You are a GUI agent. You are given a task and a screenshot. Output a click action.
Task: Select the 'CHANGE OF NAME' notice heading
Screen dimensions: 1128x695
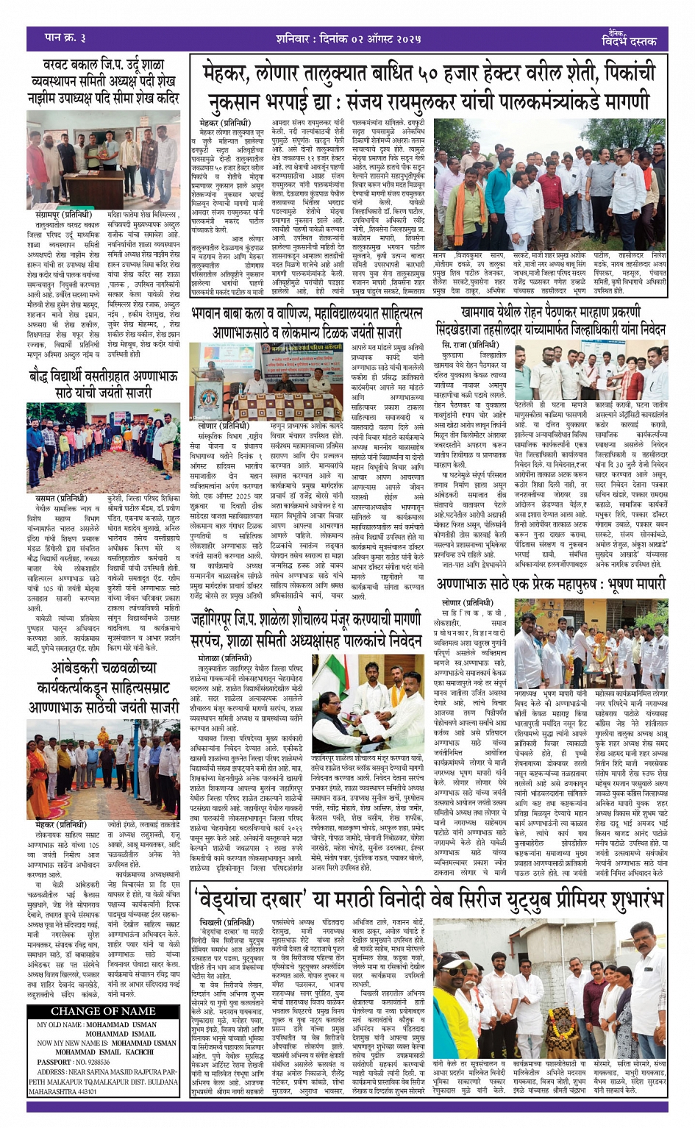click(x=103, y=1011)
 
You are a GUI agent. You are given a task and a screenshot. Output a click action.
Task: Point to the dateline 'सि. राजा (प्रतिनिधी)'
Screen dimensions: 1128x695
click(x=470, y=345)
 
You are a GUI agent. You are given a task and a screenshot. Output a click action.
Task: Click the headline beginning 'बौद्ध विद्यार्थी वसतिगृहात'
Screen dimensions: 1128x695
click(x=104, y=383)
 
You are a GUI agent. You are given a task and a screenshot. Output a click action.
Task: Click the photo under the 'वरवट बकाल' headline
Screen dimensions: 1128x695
click(x=104, y=160)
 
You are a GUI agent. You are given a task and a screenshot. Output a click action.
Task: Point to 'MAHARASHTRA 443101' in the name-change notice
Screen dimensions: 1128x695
click(x=63, y=1091)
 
